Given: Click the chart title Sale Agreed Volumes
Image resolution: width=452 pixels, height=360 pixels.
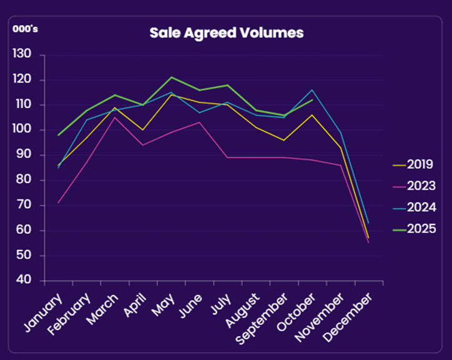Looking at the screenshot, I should tap(226, 32).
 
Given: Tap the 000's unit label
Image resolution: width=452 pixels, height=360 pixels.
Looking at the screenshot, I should tap(26, 28).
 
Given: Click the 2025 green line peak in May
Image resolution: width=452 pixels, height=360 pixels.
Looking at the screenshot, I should tap(172, 77).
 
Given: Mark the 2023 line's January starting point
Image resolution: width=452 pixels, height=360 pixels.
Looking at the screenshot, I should tap(59, 202).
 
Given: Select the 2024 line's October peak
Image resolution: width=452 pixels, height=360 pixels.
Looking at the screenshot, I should tap(312, 90).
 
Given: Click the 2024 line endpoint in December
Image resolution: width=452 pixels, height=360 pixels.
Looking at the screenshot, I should tap(368, 223).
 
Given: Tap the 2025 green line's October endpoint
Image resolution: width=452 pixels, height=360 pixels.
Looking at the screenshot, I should tap(312, 100).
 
